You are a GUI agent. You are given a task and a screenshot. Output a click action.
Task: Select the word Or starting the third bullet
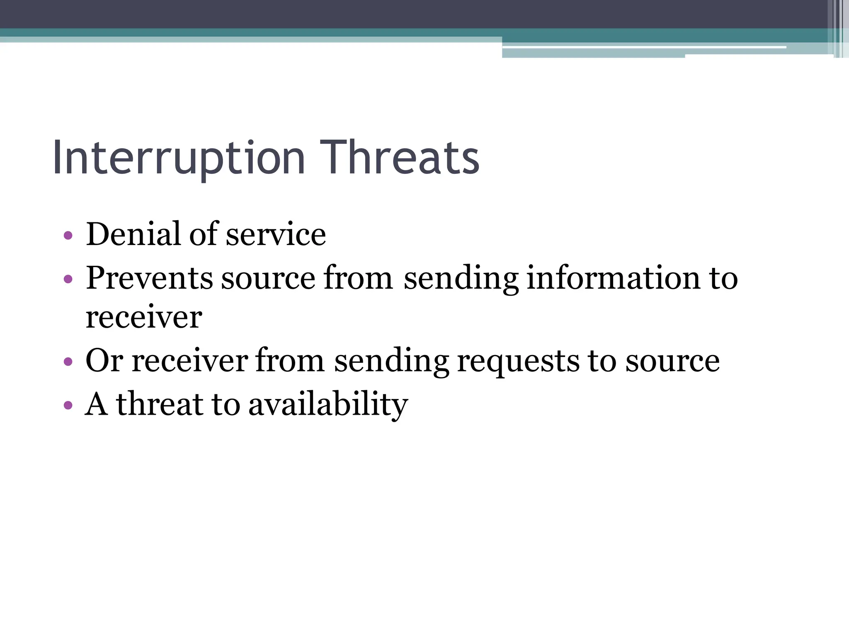[104, 360]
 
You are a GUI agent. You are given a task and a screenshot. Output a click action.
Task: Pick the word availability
[328, 404]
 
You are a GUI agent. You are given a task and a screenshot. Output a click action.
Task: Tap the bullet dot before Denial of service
[68, 236]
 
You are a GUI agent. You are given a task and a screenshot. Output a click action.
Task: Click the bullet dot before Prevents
[68, 279]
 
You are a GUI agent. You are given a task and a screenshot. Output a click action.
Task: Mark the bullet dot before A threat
[68, 405]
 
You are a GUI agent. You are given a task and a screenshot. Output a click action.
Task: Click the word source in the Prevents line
[268, 278]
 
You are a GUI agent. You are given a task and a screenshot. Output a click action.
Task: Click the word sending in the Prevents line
[461, 278]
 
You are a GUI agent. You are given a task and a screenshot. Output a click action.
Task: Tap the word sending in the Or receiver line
[391, 361]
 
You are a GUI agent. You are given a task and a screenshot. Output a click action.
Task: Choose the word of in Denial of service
[204, 234]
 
